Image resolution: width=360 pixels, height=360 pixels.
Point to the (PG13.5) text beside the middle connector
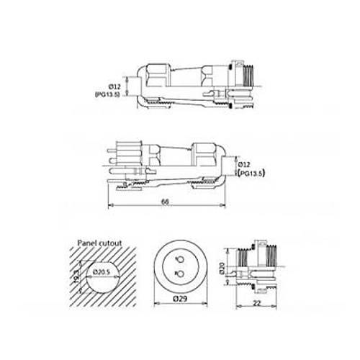point(254,174)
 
